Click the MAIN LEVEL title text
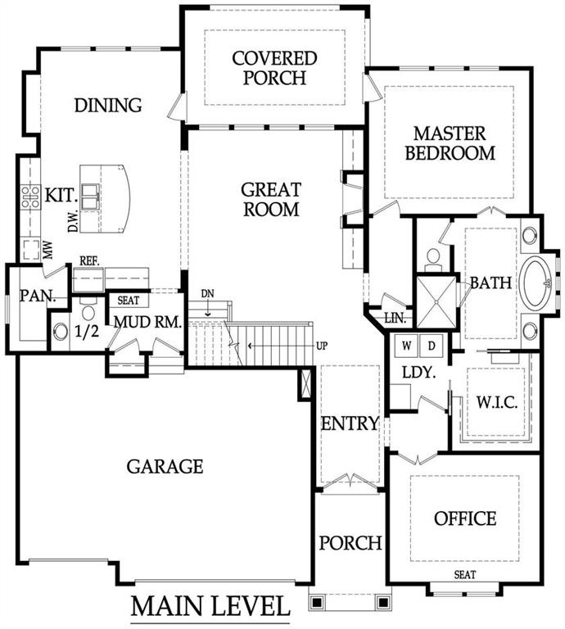(x=210, y=607)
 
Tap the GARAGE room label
(x=165, y=467)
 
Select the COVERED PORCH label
(x=273, y=68)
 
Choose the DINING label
(x=107, y=106)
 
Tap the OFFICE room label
(x=464, y=518)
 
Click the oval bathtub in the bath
(x=538, y=283)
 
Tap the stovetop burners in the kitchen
(x=30, y=197)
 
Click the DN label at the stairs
(x=210, y=294)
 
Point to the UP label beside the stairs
(x=322, y=346)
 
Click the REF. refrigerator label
(x=89, y=260)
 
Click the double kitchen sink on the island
(x=91, y=193)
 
